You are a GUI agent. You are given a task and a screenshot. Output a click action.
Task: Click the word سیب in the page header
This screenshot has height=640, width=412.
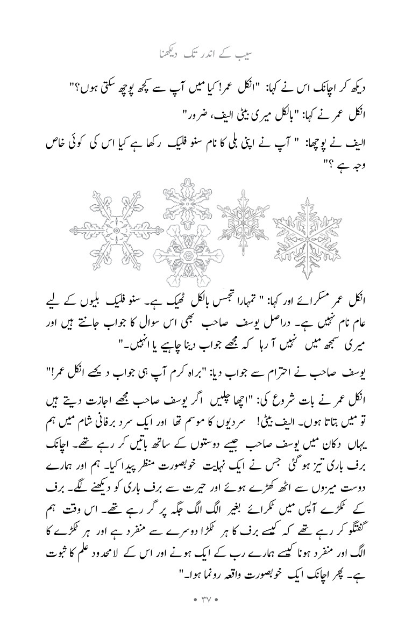[251, 54]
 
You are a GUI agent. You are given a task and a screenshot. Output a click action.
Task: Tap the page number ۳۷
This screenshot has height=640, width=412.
[206, 612]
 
